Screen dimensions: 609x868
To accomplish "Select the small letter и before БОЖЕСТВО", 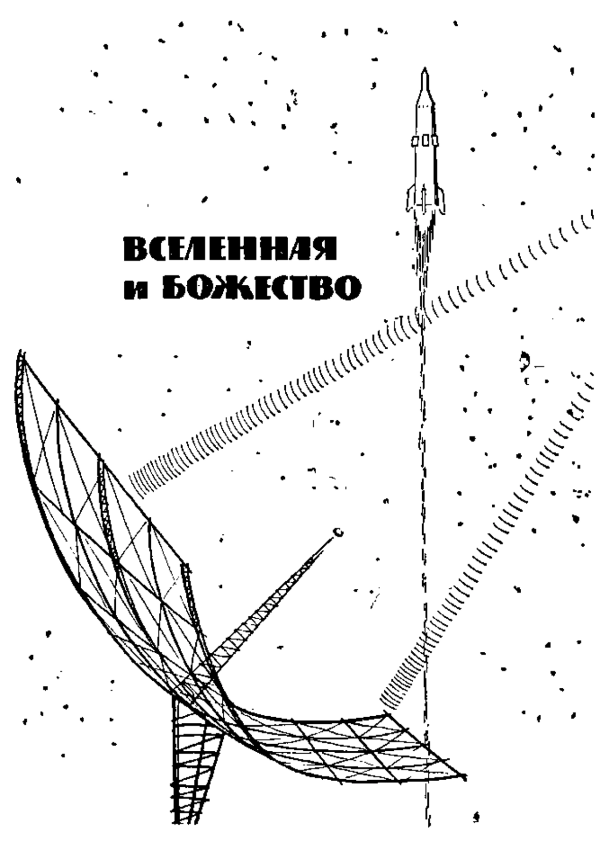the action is (x=136, y=291).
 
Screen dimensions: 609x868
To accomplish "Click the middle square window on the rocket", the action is (x=425, y=140).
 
